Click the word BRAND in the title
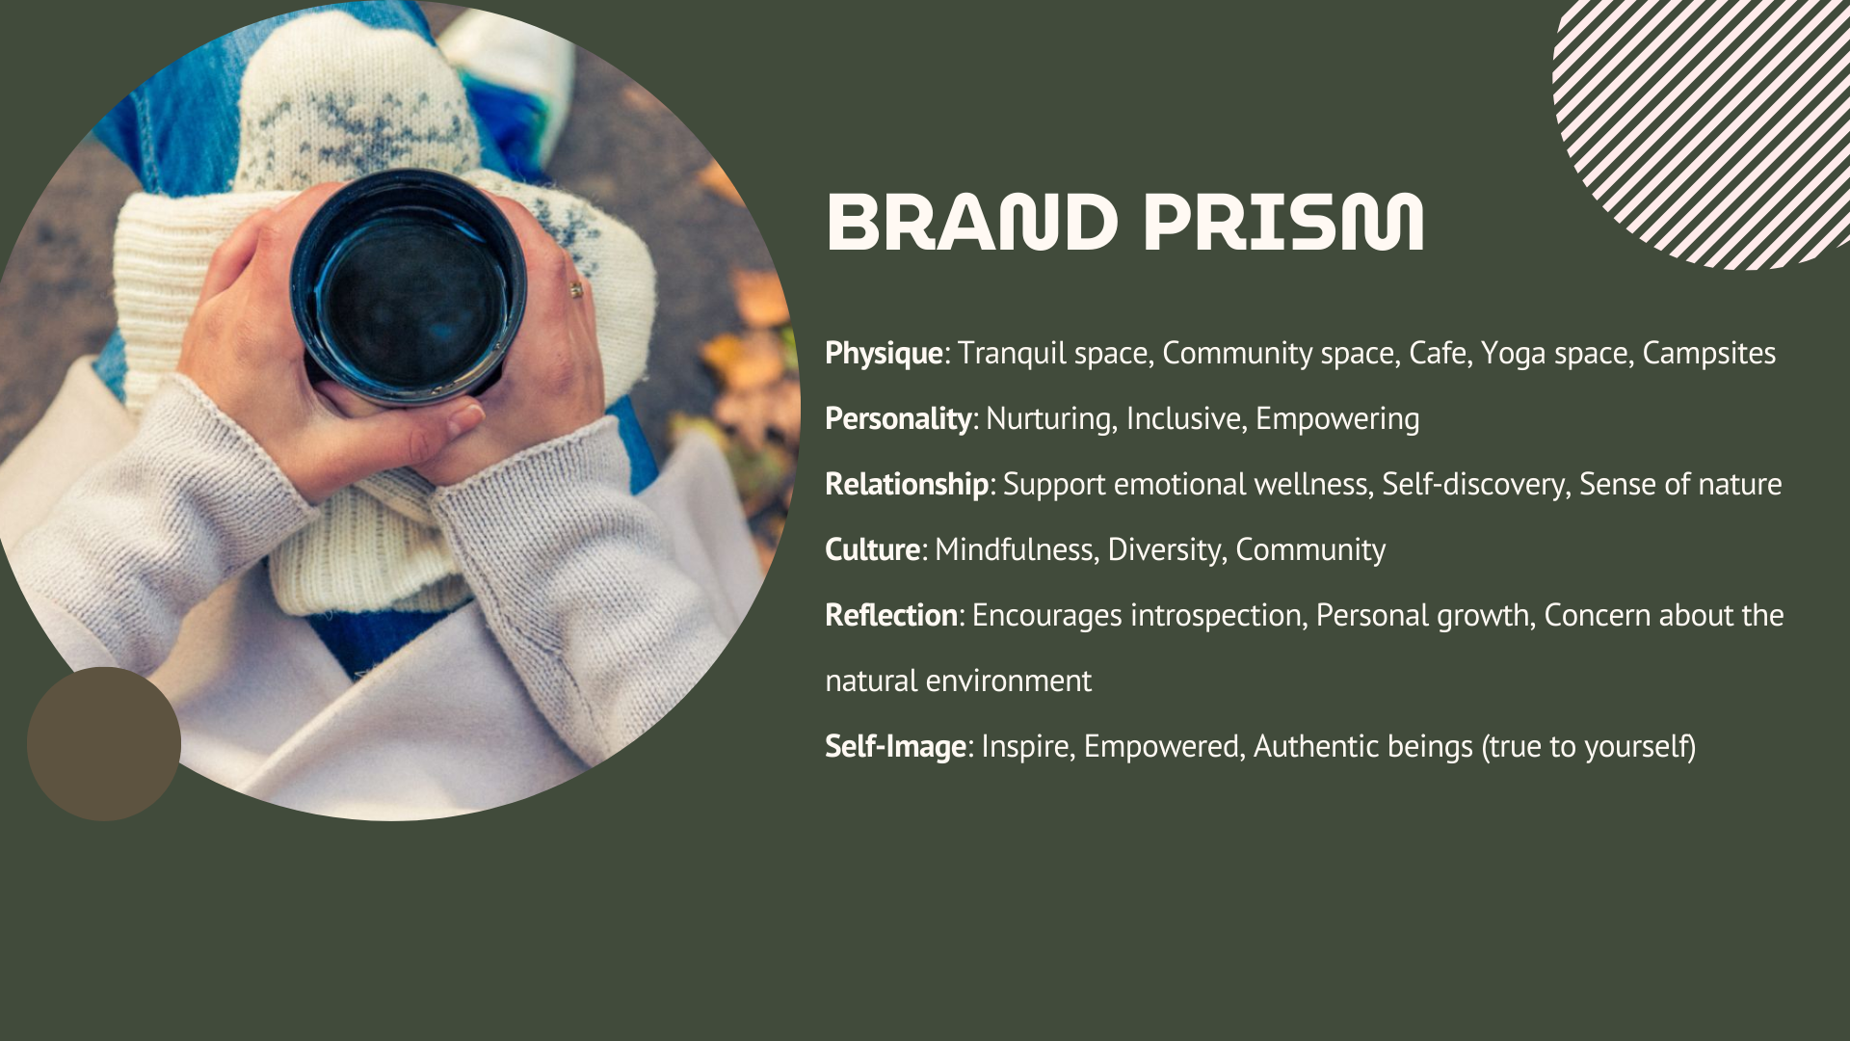(x=971, y=223)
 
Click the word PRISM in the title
(x=1283, y=223)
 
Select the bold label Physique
(x=884, y=354)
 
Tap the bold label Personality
(x=898, y=419)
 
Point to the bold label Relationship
(x=907, y=485)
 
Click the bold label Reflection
(x=891, y=615)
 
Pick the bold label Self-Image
(x=896, y=747)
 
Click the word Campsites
(x=1709, y=354)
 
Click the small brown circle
(x=104, y=744)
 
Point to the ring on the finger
(x=576, y=288)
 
